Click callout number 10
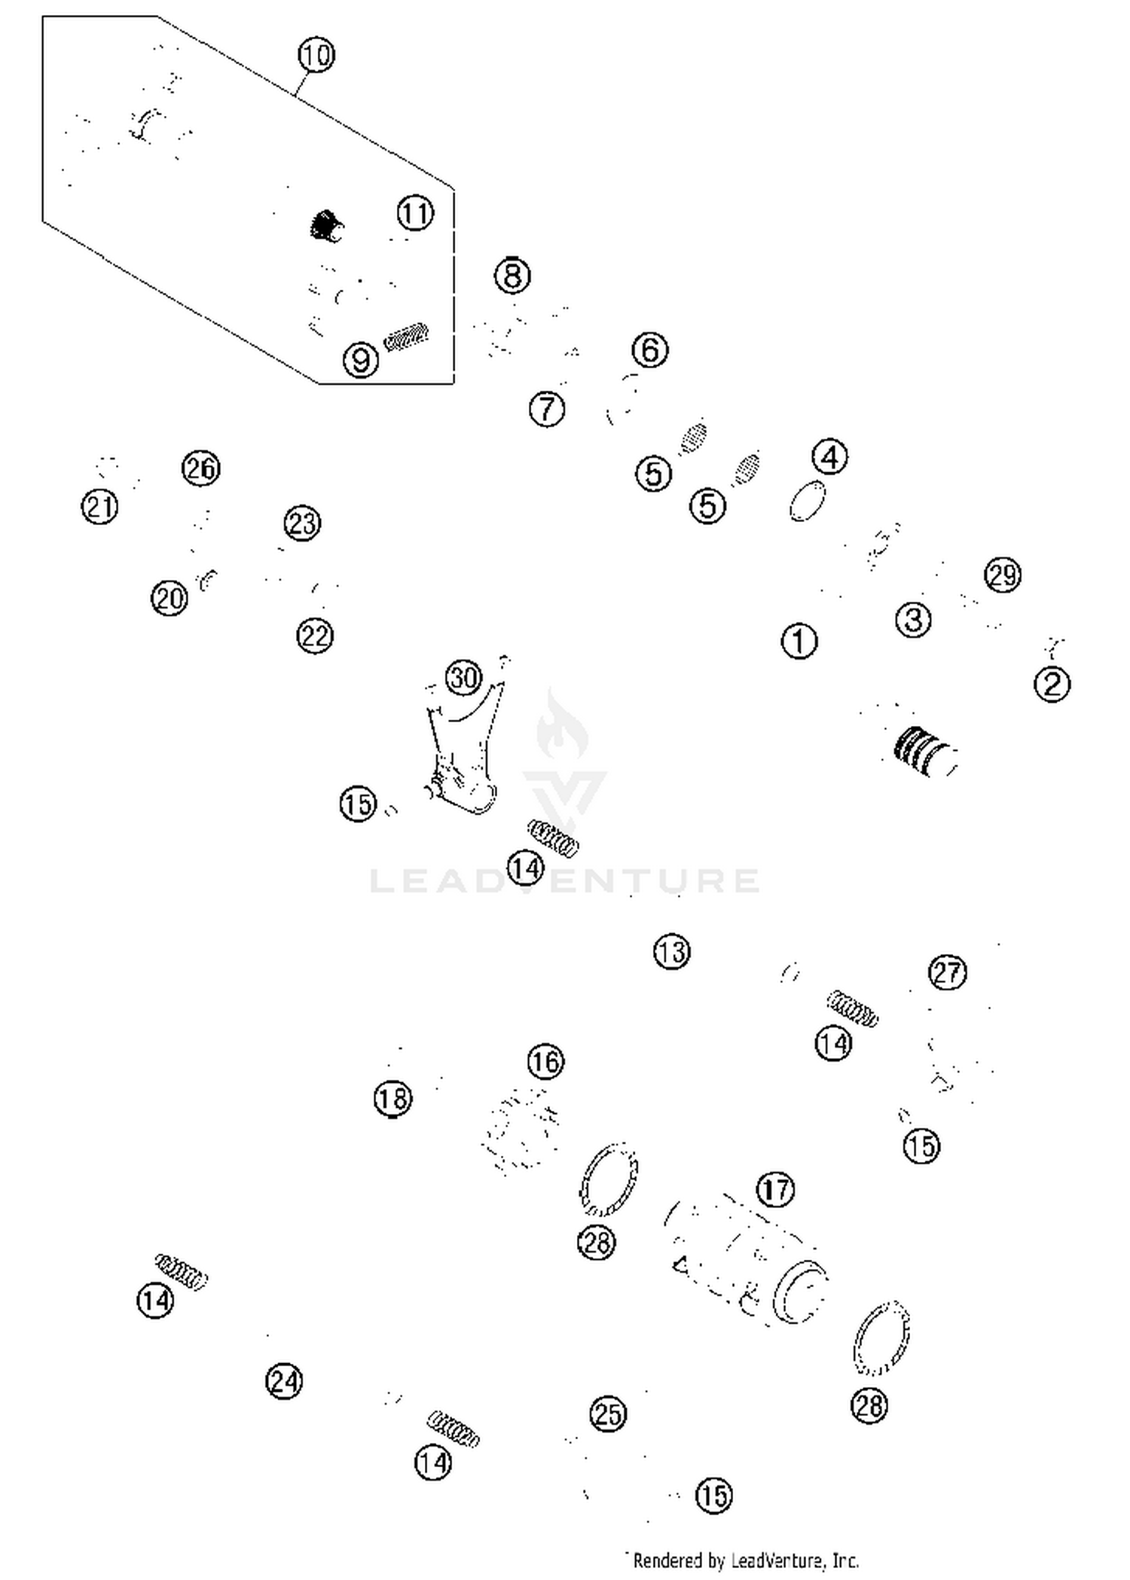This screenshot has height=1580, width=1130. click(316, 56)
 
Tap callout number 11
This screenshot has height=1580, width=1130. click(415, 213)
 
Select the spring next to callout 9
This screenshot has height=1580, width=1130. click(407, 336)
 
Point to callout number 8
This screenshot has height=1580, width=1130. click(512, 276)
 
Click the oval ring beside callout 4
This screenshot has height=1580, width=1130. click(808, 501)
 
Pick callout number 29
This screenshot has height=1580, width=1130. click(1002, 575)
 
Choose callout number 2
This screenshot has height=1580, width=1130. click(1052, 685)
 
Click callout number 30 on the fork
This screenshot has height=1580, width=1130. click(463, 678)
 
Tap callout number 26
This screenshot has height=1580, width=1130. click(200, 469)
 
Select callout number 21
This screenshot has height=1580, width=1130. click(99, 507)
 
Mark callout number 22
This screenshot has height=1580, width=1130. click(315, 636)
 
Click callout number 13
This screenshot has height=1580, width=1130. click(671, 952)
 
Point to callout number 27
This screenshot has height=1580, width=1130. click(947, 972)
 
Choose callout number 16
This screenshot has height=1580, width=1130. click(545, 1062)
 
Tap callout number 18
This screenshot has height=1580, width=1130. click(392, 1099)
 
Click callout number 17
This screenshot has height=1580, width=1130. click(776, 1190)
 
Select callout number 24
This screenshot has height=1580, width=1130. click(284, 1381)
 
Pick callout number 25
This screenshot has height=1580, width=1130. click(608, 1414)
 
